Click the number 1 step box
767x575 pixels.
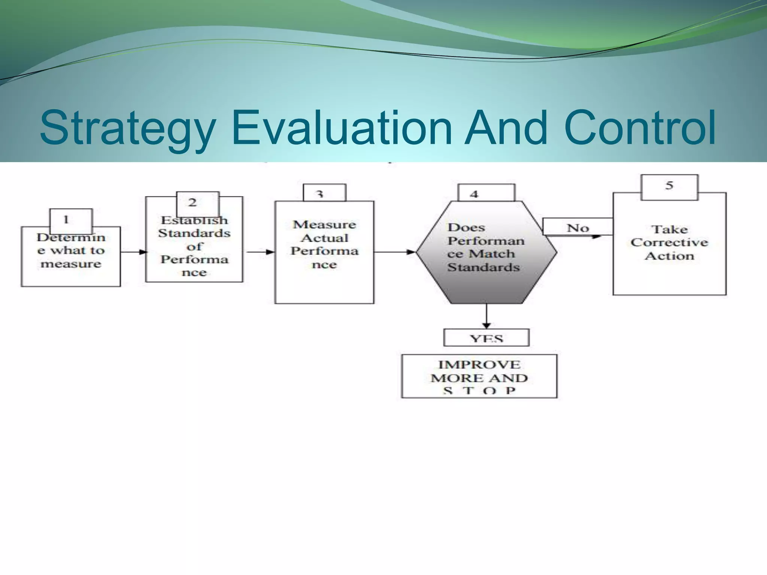click(71, 220)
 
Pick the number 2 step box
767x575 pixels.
click(197, 203)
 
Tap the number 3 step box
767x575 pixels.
click(324, 193)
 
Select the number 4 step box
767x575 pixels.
click(486, 193)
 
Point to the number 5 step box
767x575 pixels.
click(669, 187)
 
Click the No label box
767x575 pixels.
click(577, 227)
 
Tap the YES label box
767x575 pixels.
click(486, 338)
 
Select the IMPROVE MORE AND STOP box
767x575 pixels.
click(479, 376)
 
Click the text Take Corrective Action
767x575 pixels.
click(669, 243)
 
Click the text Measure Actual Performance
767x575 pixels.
click(324, 244)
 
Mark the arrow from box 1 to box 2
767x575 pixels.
click(133, 252)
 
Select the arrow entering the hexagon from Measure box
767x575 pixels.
click(395, 252)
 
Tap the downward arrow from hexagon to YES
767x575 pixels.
click(486, 316)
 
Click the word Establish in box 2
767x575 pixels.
click(194, 220)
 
